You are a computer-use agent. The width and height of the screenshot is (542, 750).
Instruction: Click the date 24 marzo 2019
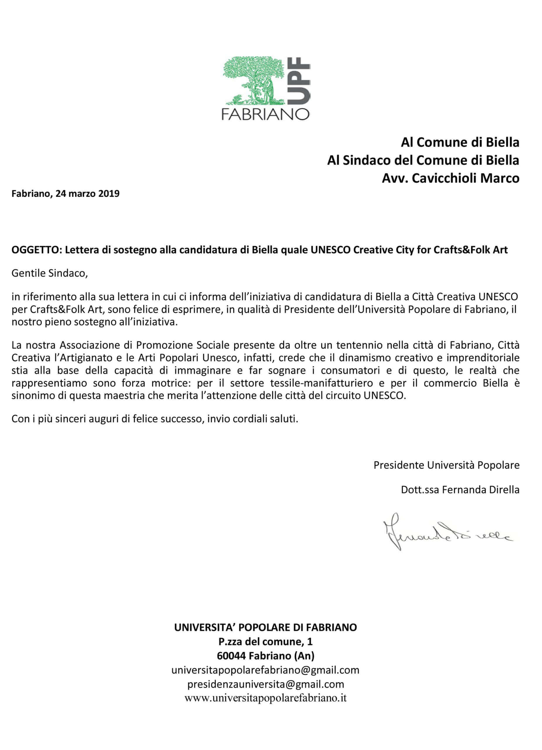(x=87, y=193)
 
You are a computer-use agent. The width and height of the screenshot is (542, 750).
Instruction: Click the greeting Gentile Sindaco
(x=49, y=273)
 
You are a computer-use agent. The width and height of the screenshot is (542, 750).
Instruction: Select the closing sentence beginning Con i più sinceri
(x=155, y=419)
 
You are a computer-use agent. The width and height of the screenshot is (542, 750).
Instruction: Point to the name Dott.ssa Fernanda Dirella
(x=460, y=490)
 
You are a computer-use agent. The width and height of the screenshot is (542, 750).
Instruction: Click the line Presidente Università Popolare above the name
(x=446, y=465)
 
